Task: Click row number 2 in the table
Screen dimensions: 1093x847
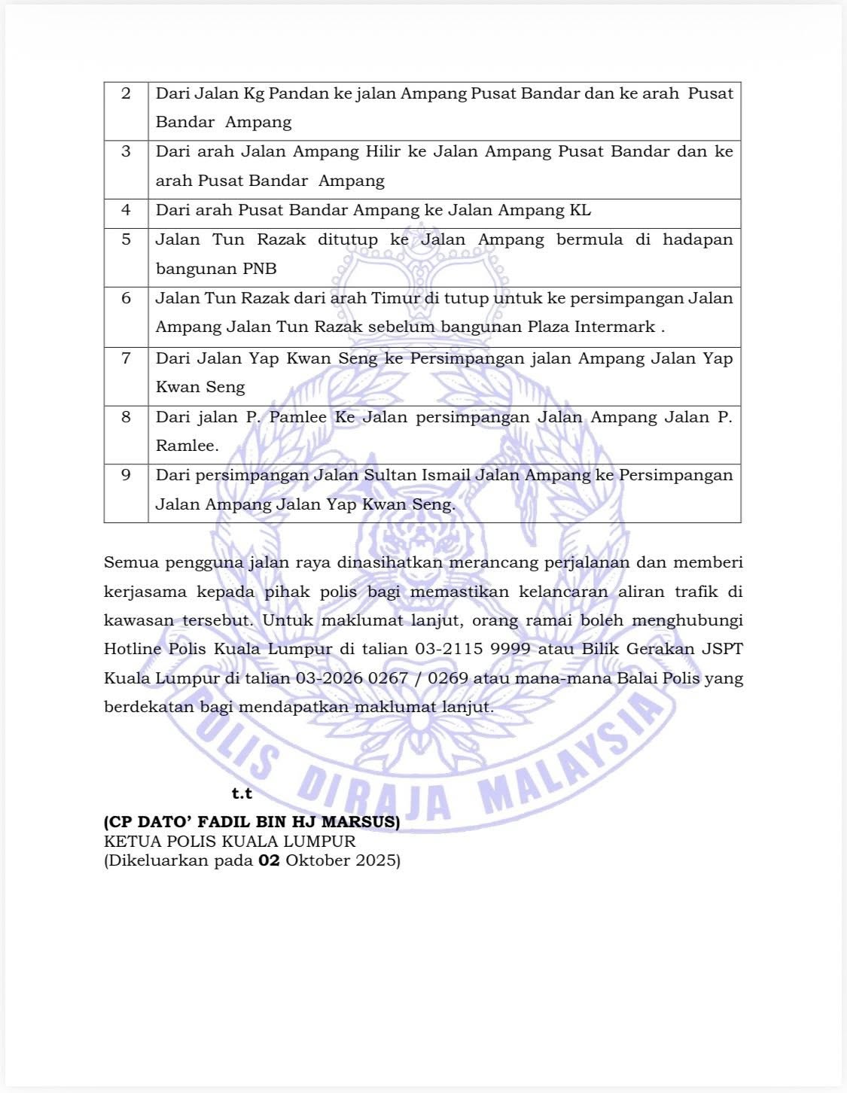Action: (x=126, y=93)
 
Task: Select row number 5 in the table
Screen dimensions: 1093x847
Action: (x=126, y=239)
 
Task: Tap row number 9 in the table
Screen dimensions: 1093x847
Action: (x=126, y=475)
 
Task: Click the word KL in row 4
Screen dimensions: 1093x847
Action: (x=580, y=210)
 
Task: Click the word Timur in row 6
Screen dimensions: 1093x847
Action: (x=395, y=298)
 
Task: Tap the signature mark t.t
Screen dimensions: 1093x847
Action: (x=242, y=794)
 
